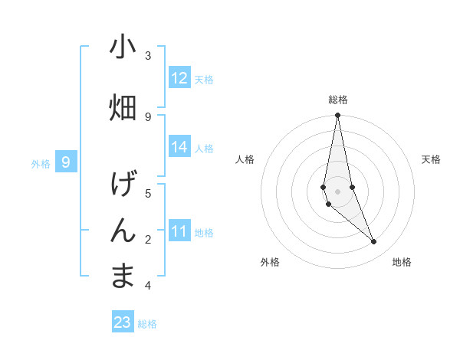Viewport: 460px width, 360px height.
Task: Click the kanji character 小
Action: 123,47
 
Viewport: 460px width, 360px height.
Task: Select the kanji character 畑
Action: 123,108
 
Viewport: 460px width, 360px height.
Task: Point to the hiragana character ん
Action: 123,231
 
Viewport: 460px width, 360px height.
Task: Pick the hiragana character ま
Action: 123,277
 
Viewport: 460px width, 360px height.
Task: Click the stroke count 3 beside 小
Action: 148,55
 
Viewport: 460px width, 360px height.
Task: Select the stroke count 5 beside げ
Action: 148,193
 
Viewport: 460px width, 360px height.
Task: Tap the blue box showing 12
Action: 179,78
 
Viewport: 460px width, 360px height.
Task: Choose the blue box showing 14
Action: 179,147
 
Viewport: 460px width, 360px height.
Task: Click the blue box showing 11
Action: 179,231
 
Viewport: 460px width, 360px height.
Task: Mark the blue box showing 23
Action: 123,322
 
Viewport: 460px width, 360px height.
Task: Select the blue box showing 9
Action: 66,162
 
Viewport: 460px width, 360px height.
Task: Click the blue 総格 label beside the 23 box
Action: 147,324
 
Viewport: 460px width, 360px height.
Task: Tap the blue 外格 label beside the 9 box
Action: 40,163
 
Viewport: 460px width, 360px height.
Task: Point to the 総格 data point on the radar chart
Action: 337,116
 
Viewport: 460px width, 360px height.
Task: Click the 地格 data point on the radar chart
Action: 374,242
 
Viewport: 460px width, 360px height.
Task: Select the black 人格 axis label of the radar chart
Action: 245,159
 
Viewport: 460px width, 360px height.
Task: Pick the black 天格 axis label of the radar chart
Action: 431,159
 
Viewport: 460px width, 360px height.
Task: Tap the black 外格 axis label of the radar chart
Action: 270,262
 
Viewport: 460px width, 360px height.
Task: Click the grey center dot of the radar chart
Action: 337,191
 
